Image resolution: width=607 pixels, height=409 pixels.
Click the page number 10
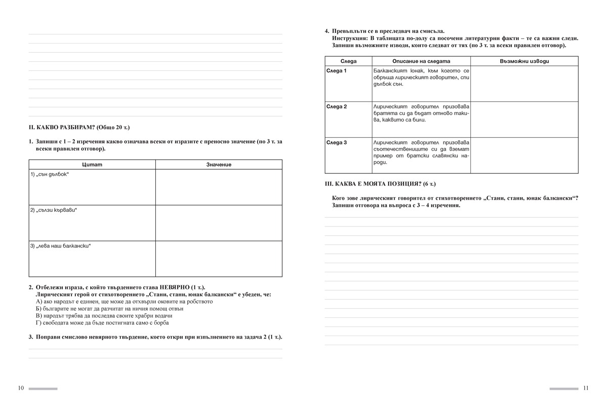coord(21,388)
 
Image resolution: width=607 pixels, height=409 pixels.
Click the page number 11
coord(585,388)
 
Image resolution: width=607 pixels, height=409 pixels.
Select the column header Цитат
coord(92,165)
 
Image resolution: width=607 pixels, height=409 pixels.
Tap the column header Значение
coord(219,165)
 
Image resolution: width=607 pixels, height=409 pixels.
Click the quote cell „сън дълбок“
coord(50,174)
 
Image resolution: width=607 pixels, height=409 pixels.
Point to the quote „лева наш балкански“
coord(61,246)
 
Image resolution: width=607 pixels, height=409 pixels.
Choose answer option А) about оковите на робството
coord(124,302)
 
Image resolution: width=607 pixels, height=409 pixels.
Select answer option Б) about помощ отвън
coord(109,308)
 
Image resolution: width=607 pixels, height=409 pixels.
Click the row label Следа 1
coord(336,70)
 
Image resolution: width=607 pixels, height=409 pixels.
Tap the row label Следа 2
coord(336,106)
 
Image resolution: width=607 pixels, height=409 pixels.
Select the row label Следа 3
coord(336,142)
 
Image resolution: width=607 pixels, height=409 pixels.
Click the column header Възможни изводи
coord(524,61)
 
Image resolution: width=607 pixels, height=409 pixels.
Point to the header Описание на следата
coord(421,61)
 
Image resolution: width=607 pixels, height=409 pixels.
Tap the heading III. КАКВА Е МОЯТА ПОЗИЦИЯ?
coord(380,183)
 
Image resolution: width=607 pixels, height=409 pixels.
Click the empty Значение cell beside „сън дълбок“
coord(219,187)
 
